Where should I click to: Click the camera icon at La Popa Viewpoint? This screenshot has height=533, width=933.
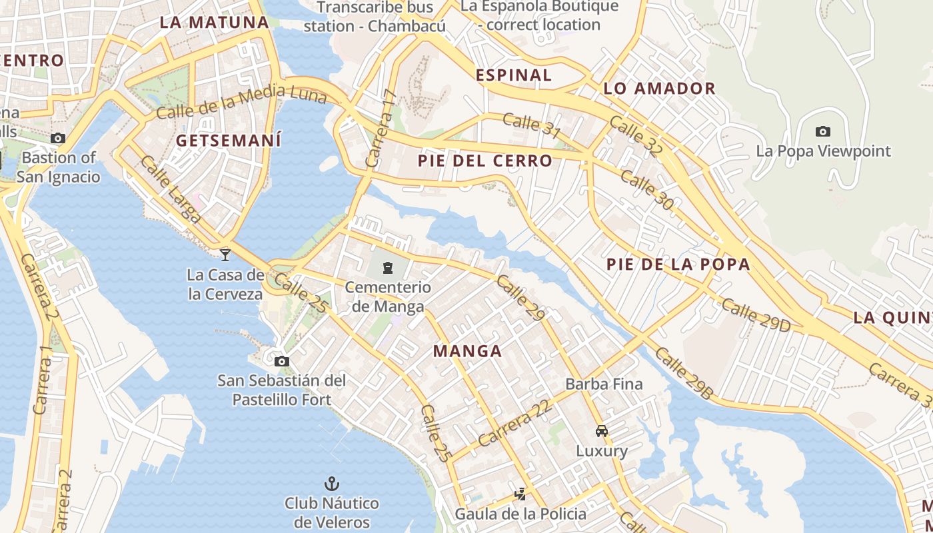(x=823, y=131)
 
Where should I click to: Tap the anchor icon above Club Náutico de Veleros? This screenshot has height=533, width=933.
(x=331, y=483)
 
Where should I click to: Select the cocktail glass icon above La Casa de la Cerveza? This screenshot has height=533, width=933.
(x=225, y=254)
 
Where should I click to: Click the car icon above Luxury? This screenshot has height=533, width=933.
(x=602, y=431)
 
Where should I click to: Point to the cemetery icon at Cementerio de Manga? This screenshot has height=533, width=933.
(x=387, y=268)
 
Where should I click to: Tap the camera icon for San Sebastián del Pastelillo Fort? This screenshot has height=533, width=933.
(x=282, y=361)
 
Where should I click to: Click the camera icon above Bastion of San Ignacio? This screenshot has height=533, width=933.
(x=58, y=138)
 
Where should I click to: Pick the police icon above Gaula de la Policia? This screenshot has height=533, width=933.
(x=520, y=494)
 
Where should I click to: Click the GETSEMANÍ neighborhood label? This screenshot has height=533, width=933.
(x=229, y=141)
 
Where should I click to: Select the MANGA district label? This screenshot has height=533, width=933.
(x=467, y=351)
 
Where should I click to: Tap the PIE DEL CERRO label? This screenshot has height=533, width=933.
(x=485, y=161)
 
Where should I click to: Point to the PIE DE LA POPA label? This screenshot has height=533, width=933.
(x=678, y=264)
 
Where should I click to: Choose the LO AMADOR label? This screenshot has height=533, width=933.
(x=659, y=89)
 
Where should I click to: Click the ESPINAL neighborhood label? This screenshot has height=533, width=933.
(x=514, y=75)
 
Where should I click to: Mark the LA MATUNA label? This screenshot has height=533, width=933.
(x=214, y=22)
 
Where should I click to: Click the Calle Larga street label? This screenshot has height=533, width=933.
(x=170, y=189)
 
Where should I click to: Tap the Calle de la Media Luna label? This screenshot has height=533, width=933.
(x=241, y=102)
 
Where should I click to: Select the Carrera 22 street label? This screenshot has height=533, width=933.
(x=514, y=424)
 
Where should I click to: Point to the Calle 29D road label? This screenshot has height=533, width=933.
(x=755, y=315)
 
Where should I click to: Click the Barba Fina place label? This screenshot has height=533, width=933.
(x=604, y=384)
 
